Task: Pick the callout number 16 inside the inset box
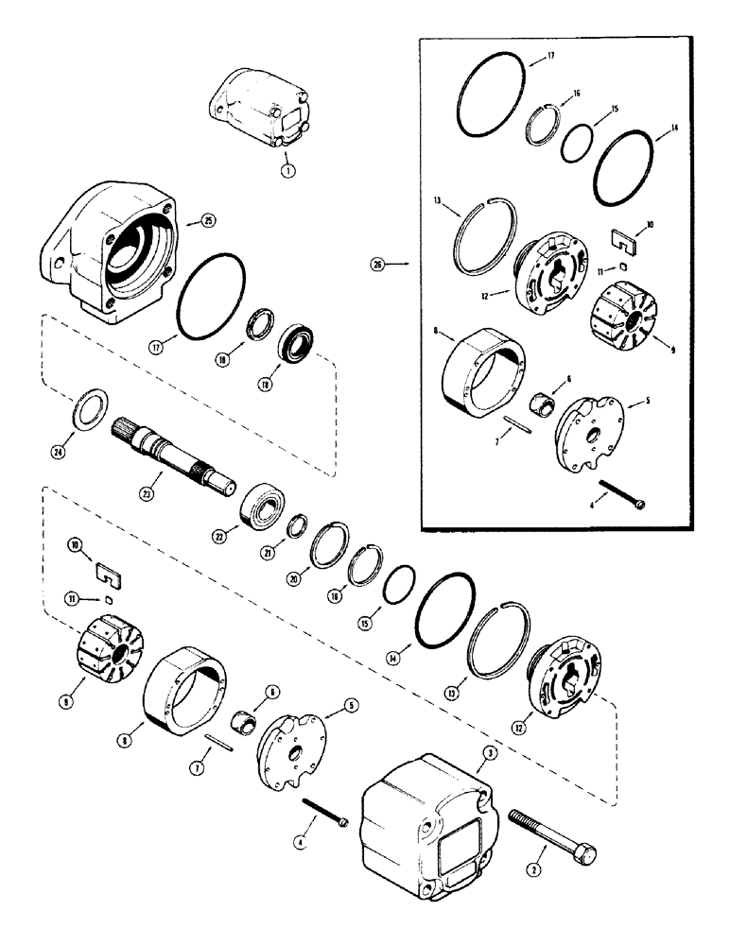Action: (577, 94)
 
